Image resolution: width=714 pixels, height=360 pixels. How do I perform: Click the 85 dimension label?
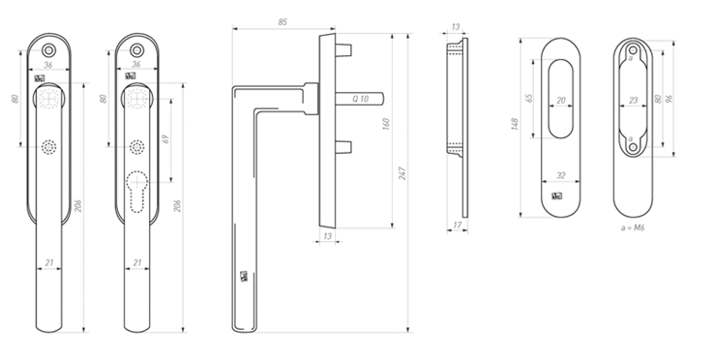[x=283, y=22]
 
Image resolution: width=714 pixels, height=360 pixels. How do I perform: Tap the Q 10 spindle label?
[x=360, y=99]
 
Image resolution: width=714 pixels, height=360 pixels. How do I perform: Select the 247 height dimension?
[x=402, y=173]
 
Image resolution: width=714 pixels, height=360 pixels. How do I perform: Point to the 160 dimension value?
[x=386, y=124]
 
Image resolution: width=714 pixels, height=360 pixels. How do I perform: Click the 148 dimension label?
[x=515, y=124]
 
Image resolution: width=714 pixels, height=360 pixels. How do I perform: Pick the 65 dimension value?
[x=528, y=98]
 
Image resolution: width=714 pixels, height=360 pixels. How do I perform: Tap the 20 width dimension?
[x=561, y=101]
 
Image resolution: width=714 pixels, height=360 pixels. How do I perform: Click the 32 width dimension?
[x=560, y=175]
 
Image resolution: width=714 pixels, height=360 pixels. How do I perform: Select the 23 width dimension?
[x=634, y=101]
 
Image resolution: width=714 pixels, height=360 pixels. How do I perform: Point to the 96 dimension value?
[x=669, y=99]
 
